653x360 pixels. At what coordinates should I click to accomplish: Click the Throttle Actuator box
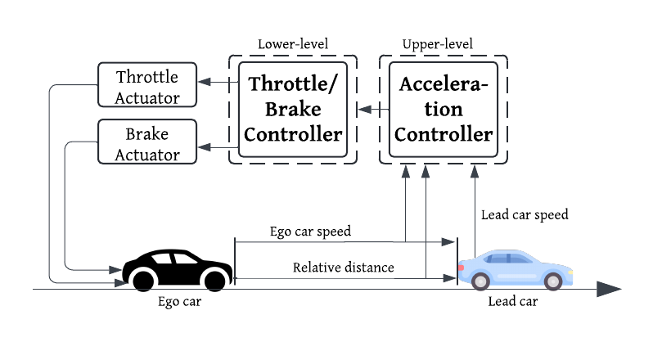click(x=147, y=86)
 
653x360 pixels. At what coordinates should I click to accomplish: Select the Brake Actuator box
click(x=147, y=143)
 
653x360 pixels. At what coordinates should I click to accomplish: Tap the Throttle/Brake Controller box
click(x=292, y=109)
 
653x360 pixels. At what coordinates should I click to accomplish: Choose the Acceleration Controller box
click(x=443, y=109)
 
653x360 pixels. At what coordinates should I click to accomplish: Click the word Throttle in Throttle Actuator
click(x=147, y=78)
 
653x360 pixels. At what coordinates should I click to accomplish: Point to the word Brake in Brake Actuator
click(x=147, y=134)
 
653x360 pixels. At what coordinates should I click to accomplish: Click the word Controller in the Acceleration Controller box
click(x=443, y=134)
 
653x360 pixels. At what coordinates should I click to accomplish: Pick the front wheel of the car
click(x=553, y=281)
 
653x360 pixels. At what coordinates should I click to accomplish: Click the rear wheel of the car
click(x=480, y=281)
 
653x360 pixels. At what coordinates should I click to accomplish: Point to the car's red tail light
click(x=462, y=268)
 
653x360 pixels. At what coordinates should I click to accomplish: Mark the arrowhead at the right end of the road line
click(x=610, y=289)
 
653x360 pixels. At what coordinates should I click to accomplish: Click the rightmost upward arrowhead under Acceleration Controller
click(x=475, y=172)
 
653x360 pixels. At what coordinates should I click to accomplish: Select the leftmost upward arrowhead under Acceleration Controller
click(x=406, y=172)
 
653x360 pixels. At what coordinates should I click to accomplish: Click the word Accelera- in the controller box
click(x=443, y=84)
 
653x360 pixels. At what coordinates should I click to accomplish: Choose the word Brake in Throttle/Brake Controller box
click(x=292, y=109)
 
